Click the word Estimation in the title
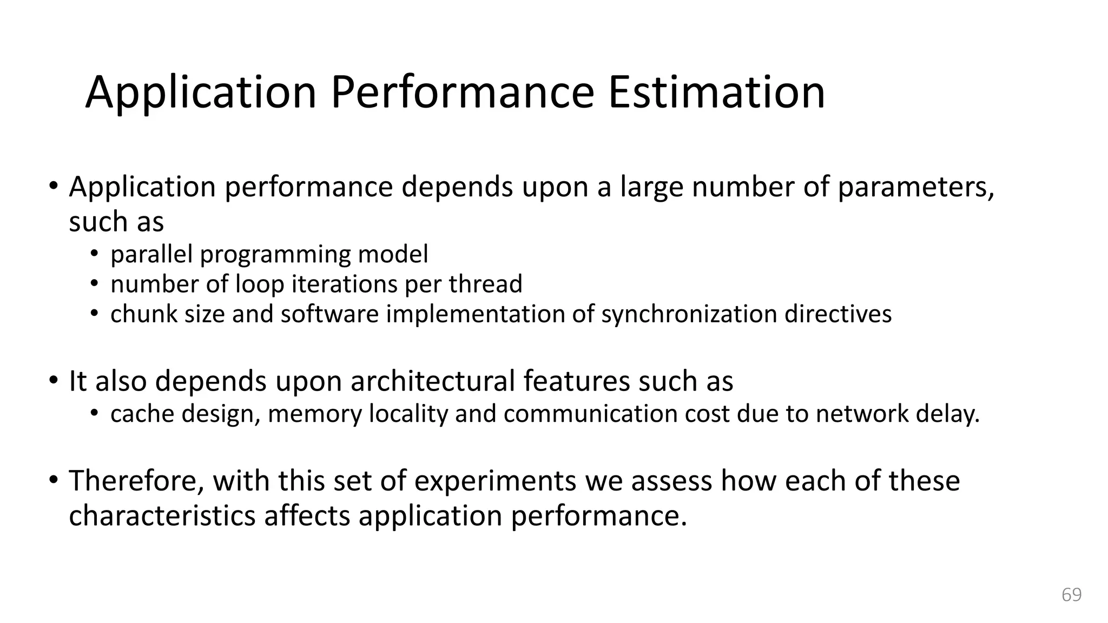pos(716,93)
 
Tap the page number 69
pos(1071,595)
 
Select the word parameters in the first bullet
pos(915,188)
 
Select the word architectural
pos(432,381)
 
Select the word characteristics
pos(162,515)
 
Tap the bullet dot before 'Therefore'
pos(53,480)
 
